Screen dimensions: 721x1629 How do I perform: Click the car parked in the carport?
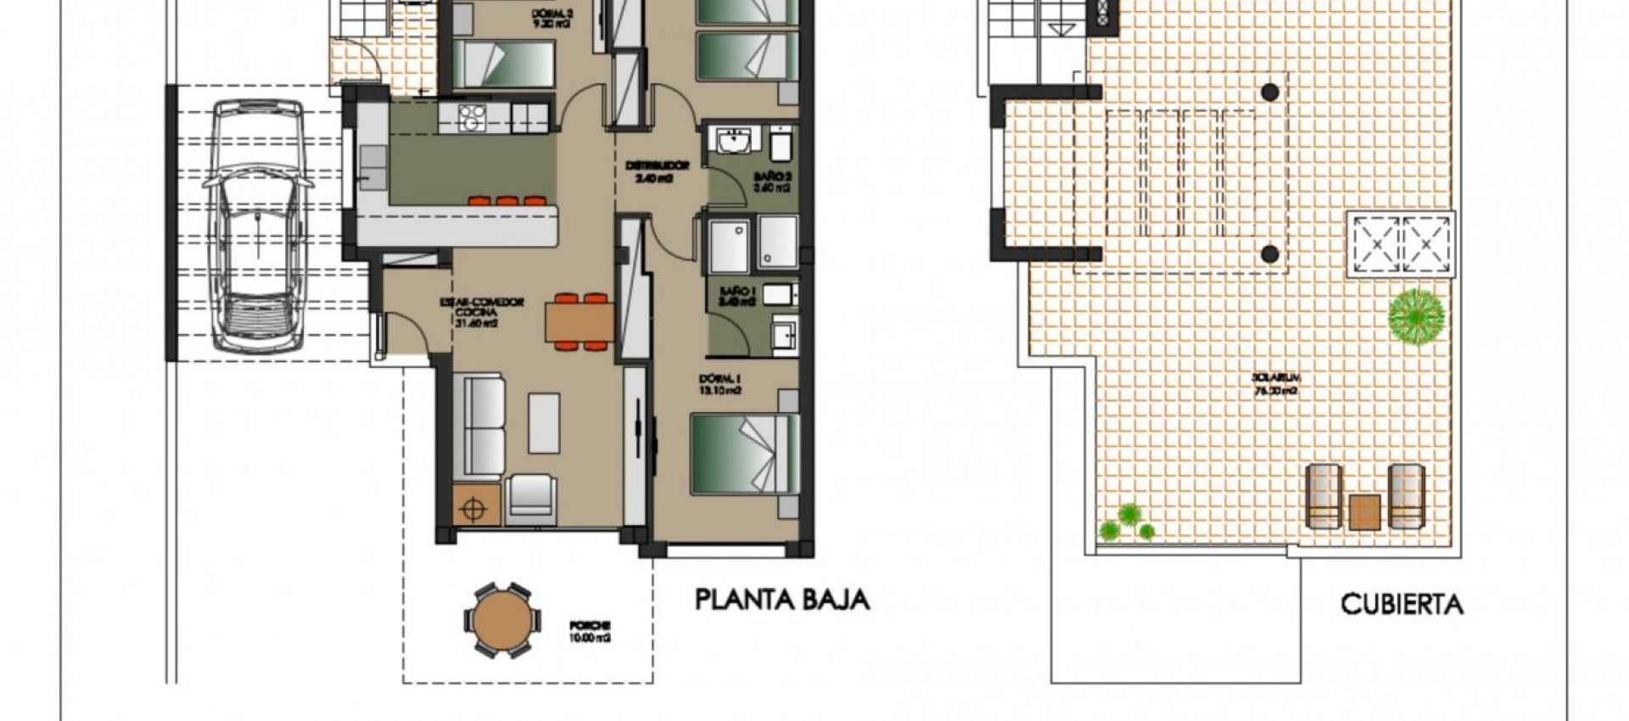[x=257, y=226]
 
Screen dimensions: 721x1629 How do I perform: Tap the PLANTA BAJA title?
[x=782, y=600]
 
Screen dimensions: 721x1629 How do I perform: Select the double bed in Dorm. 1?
[x=744, y=453]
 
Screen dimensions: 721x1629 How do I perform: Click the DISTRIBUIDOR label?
[x=657, y=171]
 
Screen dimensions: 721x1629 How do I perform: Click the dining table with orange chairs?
[x=580, y=321]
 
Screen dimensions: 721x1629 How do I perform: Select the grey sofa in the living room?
[x=479, y=428]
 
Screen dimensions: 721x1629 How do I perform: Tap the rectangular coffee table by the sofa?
[x=544, y=422]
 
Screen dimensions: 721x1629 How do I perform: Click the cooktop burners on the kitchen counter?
[x=471, y=116]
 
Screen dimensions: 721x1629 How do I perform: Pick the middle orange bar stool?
[x=507, y=201]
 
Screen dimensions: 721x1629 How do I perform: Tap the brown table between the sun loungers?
[x=1364, y=511]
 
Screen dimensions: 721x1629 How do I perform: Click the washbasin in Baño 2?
[x=734, y=141]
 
